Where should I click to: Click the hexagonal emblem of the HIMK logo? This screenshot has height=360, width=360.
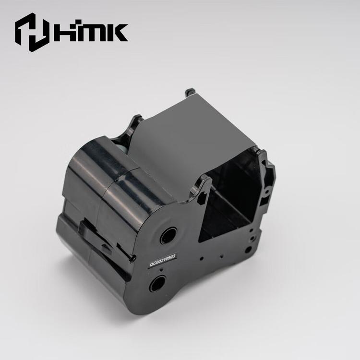pos(32,32)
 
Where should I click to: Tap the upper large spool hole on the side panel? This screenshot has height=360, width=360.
pos(168,236)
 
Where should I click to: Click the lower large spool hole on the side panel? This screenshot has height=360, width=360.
pos(157,283)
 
